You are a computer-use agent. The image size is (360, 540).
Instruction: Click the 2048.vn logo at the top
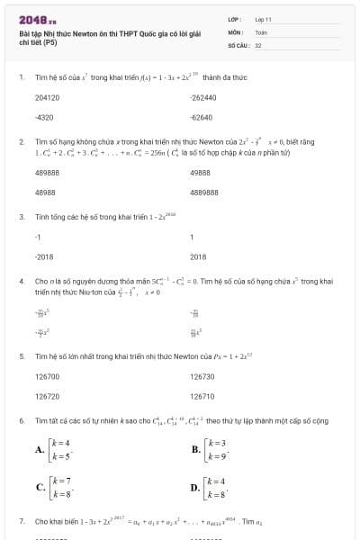pos(37,17)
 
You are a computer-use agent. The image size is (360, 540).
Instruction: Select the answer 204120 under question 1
pos(47,97)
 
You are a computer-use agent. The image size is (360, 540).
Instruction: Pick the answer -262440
pos(203,97)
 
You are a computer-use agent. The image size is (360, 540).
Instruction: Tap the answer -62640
pos(202,118)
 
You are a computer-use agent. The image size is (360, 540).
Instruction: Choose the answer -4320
pos(43,118)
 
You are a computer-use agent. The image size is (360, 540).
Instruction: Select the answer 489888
pos(47,172)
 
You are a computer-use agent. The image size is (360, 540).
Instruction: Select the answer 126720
pos(47,396)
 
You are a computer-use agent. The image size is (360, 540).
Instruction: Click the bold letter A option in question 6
pos(40,449)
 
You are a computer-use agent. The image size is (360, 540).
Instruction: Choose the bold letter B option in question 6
pos(195,449)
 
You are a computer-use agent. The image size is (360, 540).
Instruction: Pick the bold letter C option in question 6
pos(40,488)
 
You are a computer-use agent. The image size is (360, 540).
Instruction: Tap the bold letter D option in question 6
pos(195,488)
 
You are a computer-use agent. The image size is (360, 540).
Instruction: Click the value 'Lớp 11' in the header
pos(263,18)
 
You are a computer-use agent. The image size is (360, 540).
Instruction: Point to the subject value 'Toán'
pos(261,31)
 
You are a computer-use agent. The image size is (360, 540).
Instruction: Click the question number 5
pos(21,356)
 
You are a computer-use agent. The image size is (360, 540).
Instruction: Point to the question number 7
pos(21,521)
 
